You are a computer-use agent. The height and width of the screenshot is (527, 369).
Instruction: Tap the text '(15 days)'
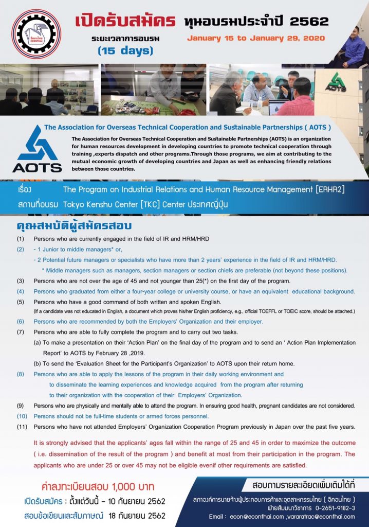pyautogui.click(x=126, y=50)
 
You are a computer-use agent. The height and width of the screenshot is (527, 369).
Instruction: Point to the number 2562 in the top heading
pyautogui.click(x=309, y=21)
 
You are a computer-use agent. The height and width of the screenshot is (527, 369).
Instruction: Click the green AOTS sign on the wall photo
pyautogui.click(x=337, y=82)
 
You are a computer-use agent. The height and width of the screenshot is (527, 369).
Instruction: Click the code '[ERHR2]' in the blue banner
pyautogui.click(x=326, y=189)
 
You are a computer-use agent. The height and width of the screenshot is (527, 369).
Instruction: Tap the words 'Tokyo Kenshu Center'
pyautogui.click(x=104, y=204)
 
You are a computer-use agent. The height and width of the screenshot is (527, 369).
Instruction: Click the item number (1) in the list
pyautogui.click(x=20, y=239)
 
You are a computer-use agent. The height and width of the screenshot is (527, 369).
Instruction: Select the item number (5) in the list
pyautogui.click(x=20, y=302)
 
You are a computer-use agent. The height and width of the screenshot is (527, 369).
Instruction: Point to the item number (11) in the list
pyautogui.click(x=22, y=427)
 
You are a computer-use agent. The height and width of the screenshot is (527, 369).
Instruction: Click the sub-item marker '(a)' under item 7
pyautogui.click(x=38, y=343)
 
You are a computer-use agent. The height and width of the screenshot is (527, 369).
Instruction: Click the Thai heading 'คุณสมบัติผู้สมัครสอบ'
pyautogui.click(x=75, y=226)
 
